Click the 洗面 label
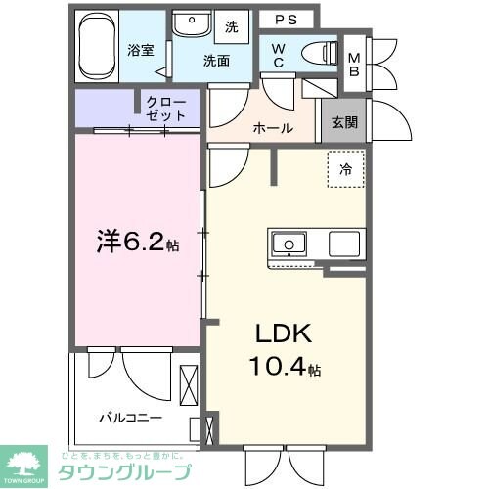(x=215, y=60)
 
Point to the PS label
(x=286, y=19)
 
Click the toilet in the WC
(x=317, y=53)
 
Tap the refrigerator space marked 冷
(x=344, y=168)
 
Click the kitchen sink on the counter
(x=289, y=243)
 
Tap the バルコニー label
(x=129, y=418)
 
